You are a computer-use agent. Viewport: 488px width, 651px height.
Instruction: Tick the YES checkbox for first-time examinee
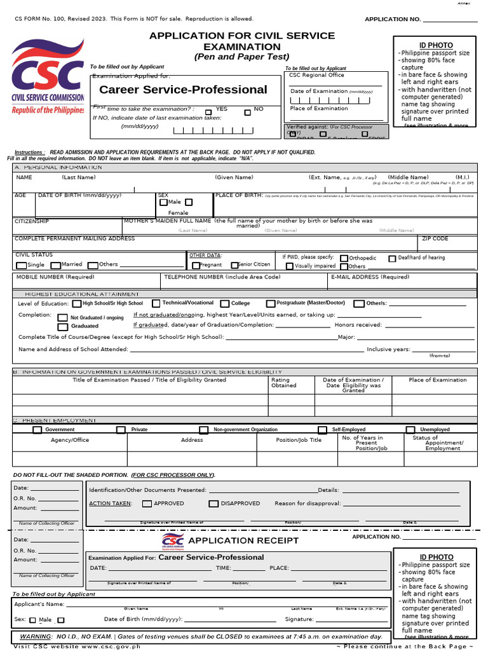tap(208, 112)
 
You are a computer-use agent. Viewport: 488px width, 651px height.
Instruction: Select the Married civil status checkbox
tap(55, 265)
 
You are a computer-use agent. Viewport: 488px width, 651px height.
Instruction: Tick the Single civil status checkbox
tap(22, 265)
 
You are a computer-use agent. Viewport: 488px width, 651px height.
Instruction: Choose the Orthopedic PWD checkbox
tap(344, 259)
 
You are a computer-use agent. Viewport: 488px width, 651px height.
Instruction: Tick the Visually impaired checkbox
tap(289, 266)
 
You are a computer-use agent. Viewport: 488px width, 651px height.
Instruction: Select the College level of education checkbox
tap(226, 304)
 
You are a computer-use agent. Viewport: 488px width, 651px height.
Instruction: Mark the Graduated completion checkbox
tap(62, 326)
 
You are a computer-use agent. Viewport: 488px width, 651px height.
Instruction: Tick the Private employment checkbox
tap(121, 430)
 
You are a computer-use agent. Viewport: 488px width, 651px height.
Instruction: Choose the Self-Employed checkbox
tap(323, 430)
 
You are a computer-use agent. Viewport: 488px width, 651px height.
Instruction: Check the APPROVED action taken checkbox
tap(147, 504)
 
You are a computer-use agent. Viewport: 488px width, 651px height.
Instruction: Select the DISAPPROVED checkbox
tap(213, 504)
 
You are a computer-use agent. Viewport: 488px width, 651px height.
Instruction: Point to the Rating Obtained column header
tap(283, 383)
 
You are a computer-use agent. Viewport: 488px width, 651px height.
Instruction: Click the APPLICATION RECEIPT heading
tap(243, 540)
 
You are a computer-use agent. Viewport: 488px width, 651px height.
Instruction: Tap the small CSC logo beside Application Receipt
tap(172, 541)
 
